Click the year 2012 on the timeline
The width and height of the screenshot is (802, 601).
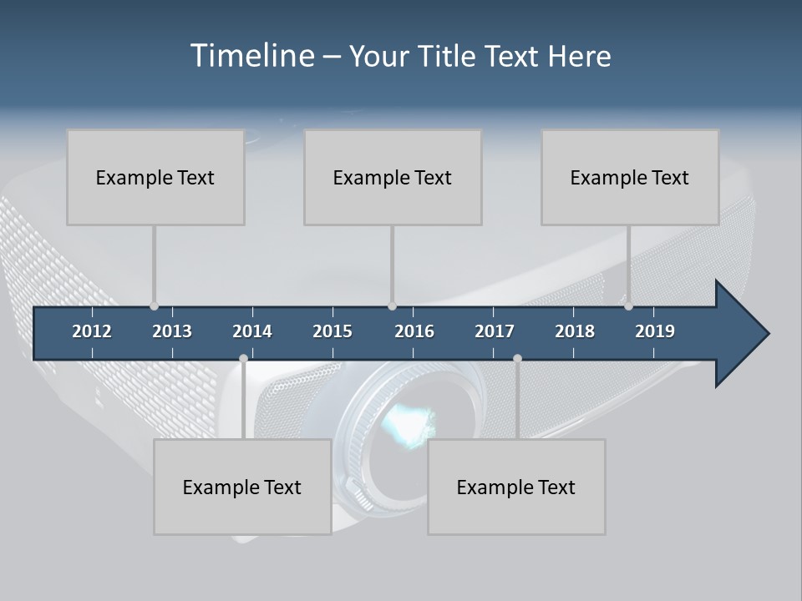92,331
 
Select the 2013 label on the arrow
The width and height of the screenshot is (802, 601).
172,331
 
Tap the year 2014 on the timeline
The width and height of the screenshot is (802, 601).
252,331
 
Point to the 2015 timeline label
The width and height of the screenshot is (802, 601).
332,331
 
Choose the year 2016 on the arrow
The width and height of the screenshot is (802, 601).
414,331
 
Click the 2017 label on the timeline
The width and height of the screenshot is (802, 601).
495,331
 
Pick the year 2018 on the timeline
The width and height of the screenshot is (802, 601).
575,331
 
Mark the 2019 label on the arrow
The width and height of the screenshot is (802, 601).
655,331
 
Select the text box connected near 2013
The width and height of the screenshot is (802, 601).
155,177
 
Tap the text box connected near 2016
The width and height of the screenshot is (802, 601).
393,177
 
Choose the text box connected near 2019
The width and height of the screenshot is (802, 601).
630,177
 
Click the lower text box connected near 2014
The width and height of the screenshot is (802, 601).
242,487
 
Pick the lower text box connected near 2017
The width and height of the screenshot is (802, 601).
516,487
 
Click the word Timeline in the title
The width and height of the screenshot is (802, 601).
251,56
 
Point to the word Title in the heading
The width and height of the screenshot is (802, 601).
449,56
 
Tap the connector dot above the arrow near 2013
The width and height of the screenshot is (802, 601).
154,306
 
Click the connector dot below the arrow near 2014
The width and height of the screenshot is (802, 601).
243,358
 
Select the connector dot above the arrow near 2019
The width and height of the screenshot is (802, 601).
628,306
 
